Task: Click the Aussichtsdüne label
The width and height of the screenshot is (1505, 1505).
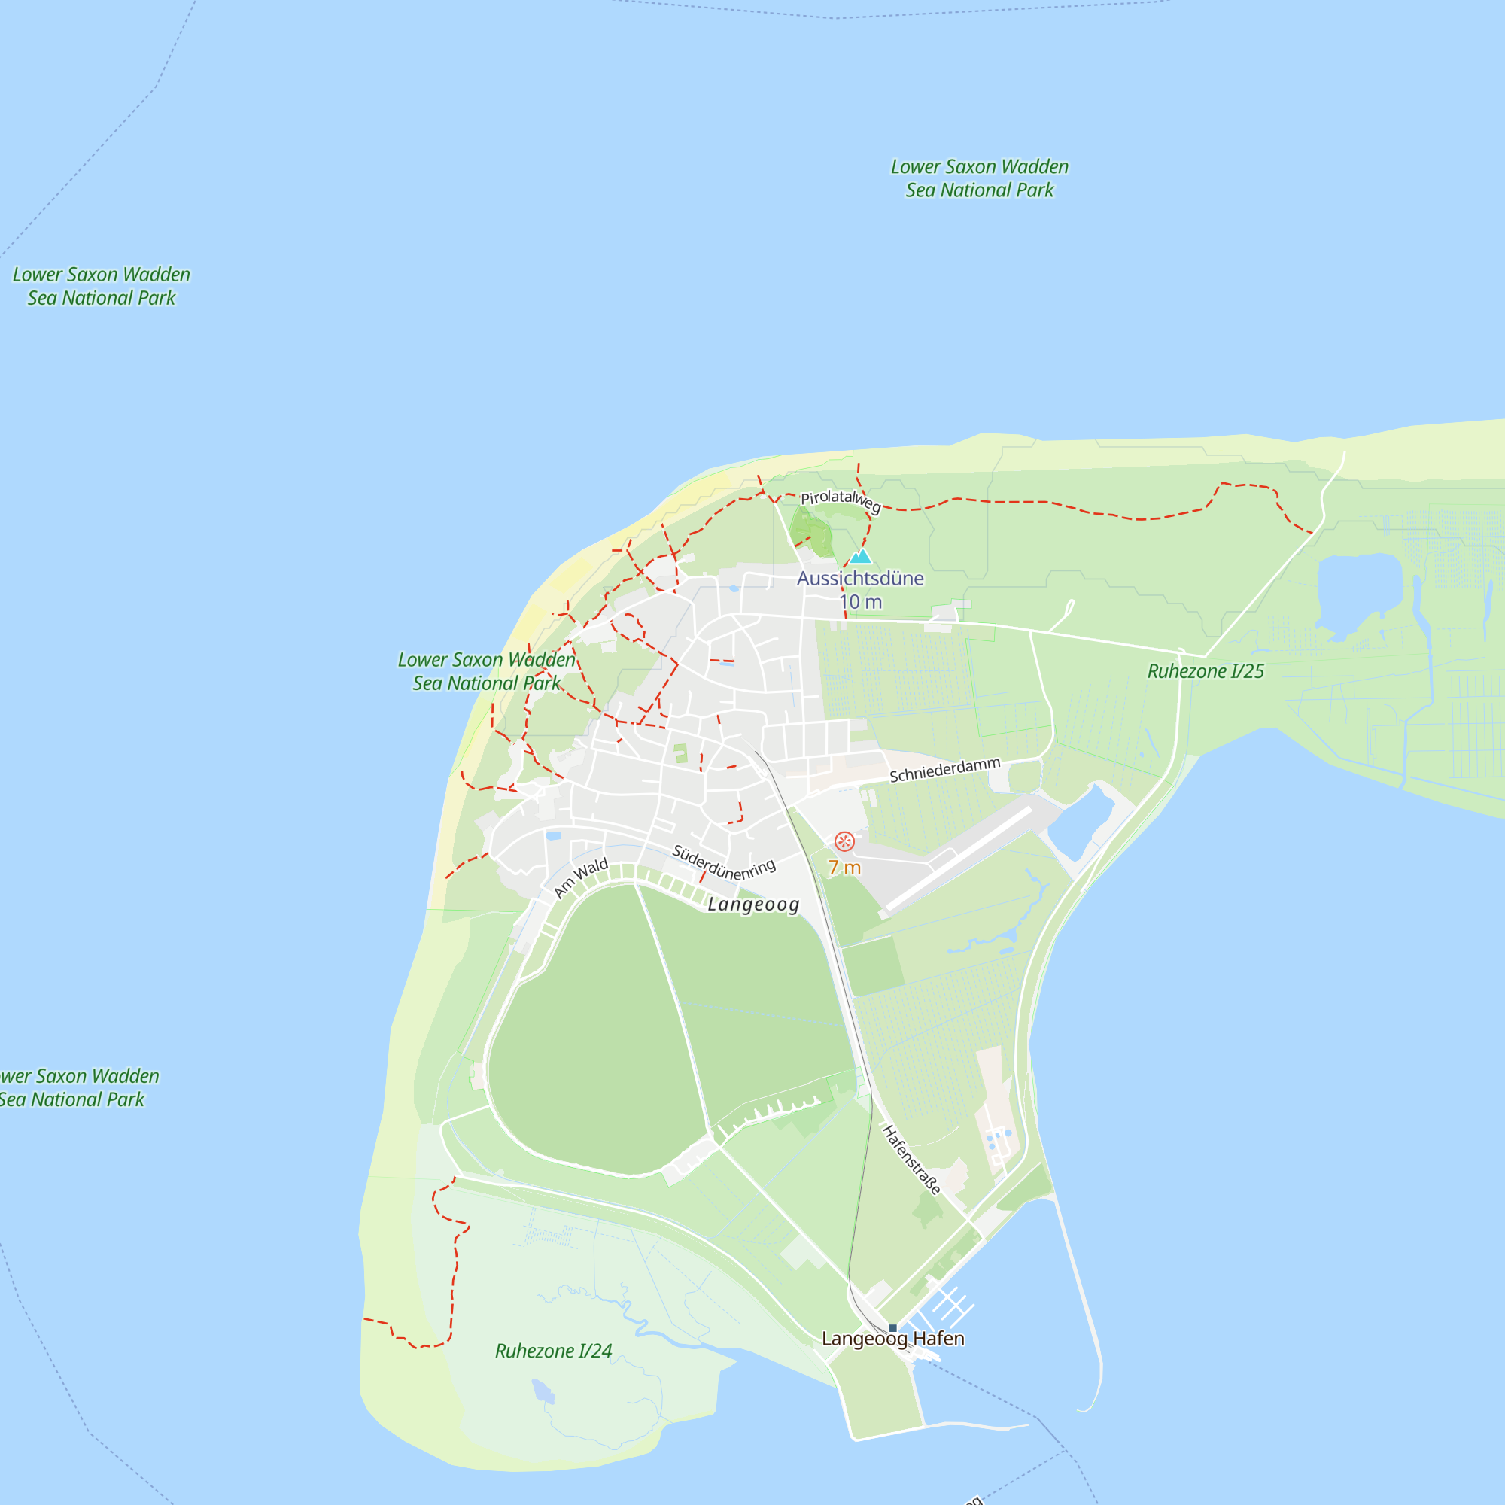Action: [x=860, y=578]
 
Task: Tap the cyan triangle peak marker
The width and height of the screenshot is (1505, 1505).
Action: [x=860, y=556]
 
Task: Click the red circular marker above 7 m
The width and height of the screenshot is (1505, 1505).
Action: [x=844, y=841]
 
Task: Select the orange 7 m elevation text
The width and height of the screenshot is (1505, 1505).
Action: [x=844, y=867]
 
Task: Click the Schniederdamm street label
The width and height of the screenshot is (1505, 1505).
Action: [x=944, y=770]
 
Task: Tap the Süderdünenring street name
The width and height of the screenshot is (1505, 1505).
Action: [x=724, y=862]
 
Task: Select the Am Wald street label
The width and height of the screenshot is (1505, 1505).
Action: [x=580, y=878]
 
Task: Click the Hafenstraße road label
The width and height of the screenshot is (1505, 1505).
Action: [x=911, y=1159]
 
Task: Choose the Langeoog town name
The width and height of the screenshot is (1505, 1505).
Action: [x=753, y=905]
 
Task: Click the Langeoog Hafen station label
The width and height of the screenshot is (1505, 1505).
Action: [x=892, y=1338]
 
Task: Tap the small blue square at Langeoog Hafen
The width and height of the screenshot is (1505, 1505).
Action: [x=892, y=1327]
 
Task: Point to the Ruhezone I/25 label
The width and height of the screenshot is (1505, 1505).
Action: [x=1205, y=671]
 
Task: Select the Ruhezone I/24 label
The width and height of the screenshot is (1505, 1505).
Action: [x=553, y=1351]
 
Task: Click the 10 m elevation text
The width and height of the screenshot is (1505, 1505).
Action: [x=860, y=601]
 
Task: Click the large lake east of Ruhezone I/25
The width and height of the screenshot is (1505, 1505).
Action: [x=1358, y=592]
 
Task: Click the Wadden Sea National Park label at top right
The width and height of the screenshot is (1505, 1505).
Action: [x=979, y=178]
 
